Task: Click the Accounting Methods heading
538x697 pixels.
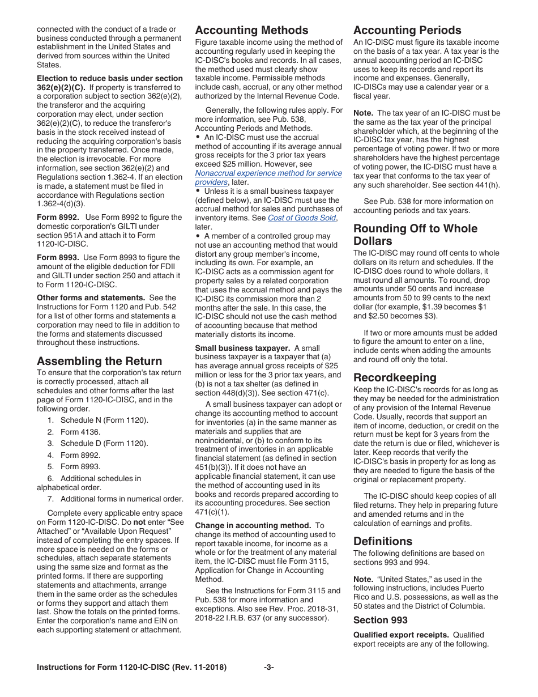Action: (251, 31)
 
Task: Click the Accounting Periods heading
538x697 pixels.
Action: (407, 31)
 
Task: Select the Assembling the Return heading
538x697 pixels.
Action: (99, 361)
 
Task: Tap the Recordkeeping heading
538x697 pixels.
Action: (395, 377)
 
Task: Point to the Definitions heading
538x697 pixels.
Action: (383, 541)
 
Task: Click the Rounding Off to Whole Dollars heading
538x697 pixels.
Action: (415, 235)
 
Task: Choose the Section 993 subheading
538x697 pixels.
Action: (380, 620)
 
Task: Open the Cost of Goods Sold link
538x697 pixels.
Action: (302, 218)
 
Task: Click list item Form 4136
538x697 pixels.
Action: (80, 432)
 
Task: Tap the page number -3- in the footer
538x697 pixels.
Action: (268, 668)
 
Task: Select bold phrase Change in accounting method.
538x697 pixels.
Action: (253, 525)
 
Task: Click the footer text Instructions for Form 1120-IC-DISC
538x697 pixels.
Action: (131, 668)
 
